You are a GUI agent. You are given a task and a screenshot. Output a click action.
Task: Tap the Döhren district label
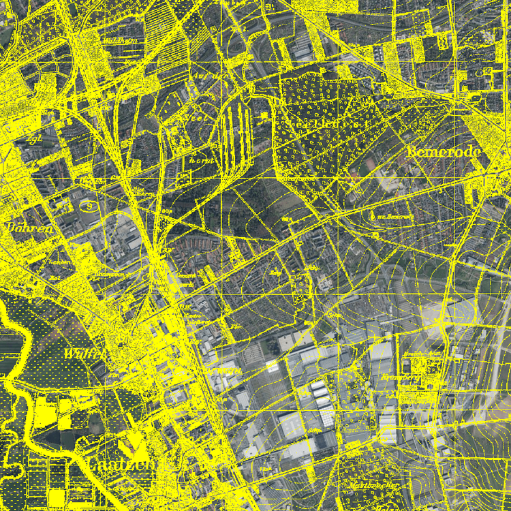pos(30,228)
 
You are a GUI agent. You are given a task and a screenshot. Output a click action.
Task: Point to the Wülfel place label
pos(84,354)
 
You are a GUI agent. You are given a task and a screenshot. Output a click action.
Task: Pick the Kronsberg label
pos(402,377)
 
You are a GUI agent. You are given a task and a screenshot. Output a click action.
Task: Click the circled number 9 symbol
pos(90,204)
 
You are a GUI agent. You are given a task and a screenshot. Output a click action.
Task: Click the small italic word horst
pos(201,160)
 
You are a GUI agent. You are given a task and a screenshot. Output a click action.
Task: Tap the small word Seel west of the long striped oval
pos(195,117)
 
